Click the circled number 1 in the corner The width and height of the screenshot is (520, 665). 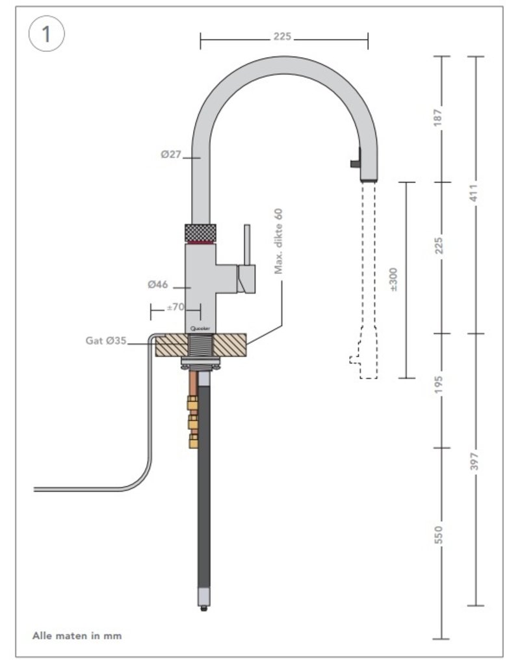pos(46,34)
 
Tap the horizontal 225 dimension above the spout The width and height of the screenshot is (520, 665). pos(282,38)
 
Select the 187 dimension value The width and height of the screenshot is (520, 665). pos(441,118)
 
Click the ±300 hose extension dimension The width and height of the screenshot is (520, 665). pos(394,279)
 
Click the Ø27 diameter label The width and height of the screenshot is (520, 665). pos(171,155)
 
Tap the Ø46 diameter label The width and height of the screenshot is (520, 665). pos(159,284)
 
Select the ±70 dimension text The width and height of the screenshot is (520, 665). pos(175,307)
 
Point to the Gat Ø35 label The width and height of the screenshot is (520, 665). pos(106,340)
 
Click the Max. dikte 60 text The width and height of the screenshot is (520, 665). pos(279,240)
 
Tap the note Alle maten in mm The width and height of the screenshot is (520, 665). pos(77,636)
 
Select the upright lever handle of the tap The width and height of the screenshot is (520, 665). pos(247,245)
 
